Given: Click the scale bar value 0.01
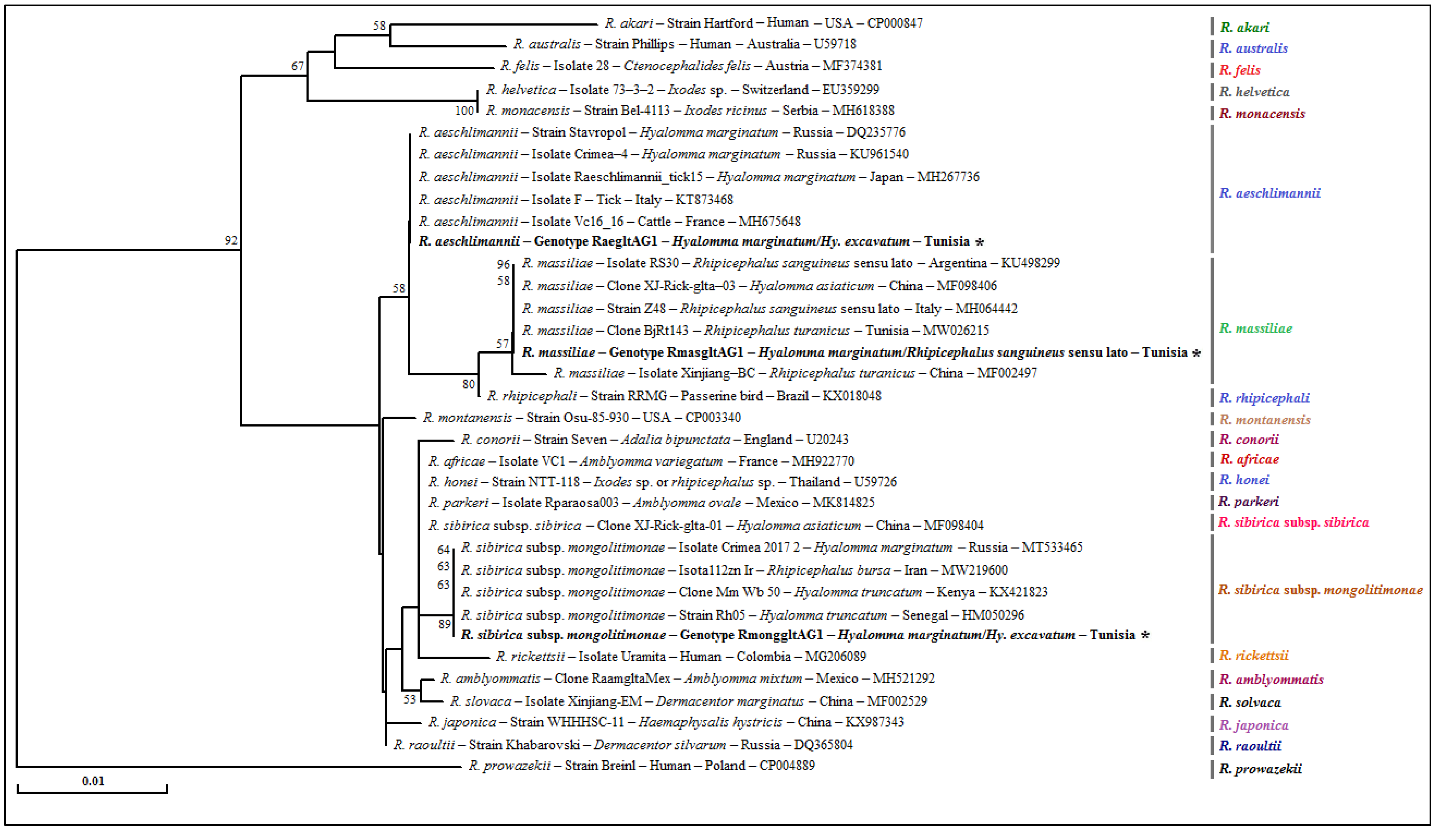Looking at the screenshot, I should (x=93, y=781).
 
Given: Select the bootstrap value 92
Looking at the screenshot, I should (x=231, y=240).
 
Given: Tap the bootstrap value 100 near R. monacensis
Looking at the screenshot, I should (x=464, y=111).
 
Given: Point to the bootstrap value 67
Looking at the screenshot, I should (x=298, y=66).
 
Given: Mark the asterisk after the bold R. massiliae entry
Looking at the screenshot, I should (x=1196, y=354).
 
